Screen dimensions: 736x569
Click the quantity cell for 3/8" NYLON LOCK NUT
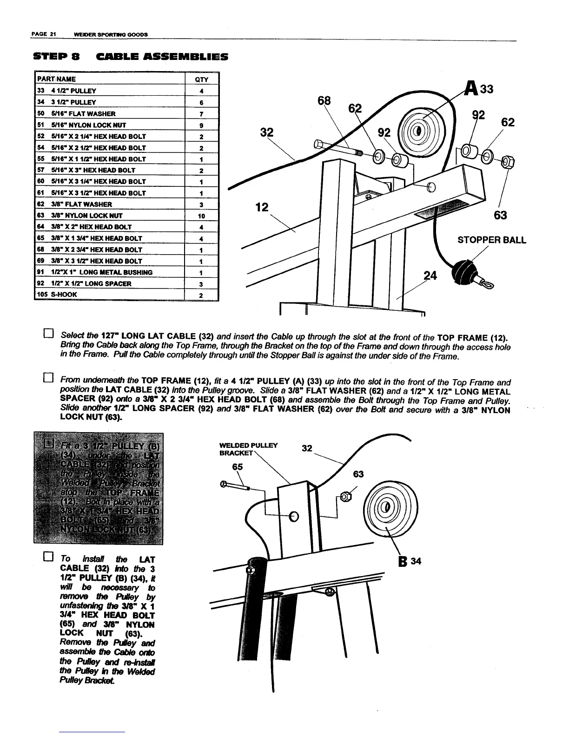(201, 216)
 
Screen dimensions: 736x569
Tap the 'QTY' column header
(201, 79)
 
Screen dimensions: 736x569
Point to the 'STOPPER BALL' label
(492, 240)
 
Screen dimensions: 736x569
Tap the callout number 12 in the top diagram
(262, 208)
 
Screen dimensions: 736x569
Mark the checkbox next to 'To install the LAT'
(49, 556)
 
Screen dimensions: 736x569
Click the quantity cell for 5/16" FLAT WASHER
(201, 114)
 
